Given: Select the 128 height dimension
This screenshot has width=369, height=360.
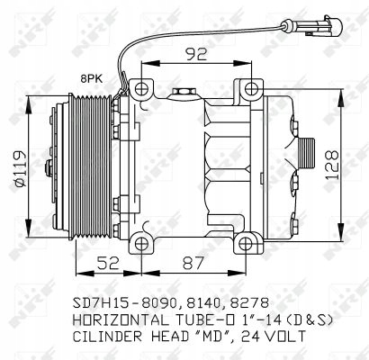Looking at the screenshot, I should (x=336, y=164).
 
